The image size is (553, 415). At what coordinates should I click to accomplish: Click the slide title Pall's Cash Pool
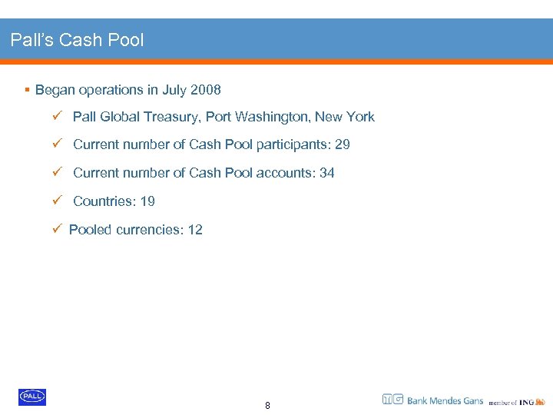point(77,40)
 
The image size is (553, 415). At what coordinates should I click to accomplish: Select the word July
point(174,91)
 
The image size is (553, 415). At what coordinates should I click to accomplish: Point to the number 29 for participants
point(343,144)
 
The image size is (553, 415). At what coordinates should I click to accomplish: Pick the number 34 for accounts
point(327,173)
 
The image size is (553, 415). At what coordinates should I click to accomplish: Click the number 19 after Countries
point(147,201)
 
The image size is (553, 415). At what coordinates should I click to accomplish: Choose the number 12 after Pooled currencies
point(195,230)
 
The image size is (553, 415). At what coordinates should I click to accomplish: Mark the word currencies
point(145,230)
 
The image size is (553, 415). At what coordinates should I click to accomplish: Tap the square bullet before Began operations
point(27,91)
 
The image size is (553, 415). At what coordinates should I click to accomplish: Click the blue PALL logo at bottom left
point(32,397)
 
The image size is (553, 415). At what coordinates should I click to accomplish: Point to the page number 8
point(267,406)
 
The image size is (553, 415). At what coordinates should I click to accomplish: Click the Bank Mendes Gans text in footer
point(445,400)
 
